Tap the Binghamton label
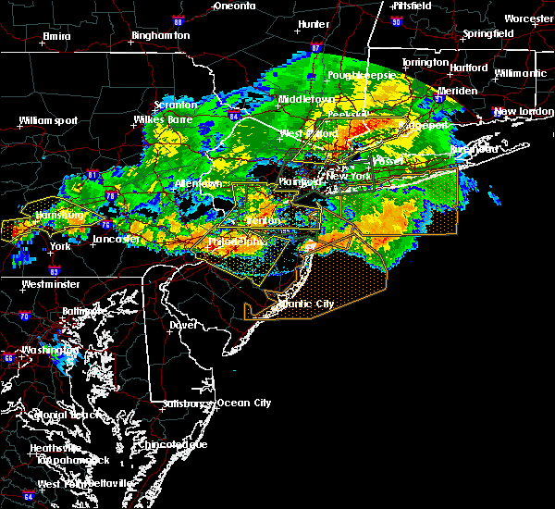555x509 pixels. click(x=160, y=35)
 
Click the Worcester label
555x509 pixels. click(x=529, y=19)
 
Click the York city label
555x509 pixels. click(x=60, y=247)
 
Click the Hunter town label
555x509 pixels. click(x=314, y=24)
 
